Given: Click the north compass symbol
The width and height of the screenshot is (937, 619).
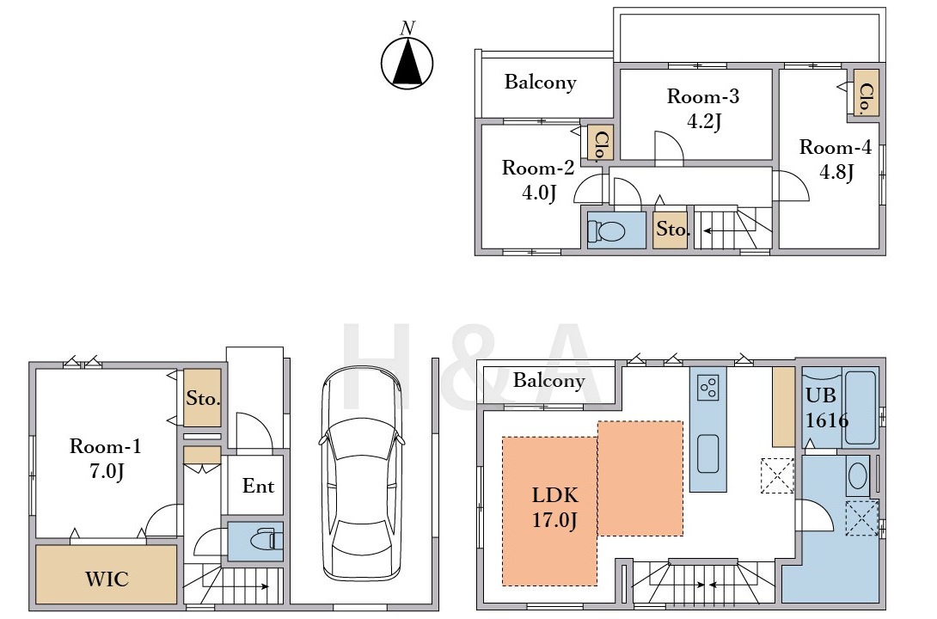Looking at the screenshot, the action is coord(407,58).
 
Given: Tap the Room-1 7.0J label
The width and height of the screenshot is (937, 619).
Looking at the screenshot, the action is coord(106,458).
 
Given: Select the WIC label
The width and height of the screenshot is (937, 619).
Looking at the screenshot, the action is coord(107,579).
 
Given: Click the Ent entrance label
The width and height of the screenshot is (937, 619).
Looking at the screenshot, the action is coord(258,486).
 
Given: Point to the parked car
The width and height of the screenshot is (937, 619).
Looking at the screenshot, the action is coord(361,472).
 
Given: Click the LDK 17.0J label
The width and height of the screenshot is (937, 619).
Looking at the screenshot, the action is coord(555,507).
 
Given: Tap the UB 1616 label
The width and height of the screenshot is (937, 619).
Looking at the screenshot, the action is coord(826,408).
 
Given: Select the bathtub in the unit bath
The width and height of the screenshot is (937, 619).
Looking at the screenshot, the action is coord(860,408).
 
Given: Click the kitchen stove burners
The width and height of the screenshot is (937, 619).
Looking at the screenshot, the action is coord(708,387).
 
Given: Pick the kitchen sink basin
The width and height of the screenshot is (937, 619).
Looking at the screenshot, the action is coord(708,454).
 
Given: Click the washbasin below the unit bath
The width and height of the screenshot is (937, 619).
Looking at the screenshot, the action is coord(858,476).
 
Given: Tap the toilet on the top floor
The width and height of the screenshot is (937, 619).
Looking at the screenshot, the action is coord(607,230).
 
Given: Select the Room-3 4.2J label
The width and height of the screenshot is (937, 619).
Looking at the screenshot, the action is coord(703,108).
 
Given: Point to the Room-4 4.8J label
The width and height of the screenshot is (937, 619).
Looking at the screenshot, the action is coord(836,160).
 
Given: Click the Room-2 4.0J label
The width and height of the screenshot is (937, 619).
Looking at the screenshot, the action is coord(538,180).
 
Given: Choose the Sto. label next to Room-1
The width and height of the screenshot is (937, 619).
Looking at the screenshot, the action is coord(203,398).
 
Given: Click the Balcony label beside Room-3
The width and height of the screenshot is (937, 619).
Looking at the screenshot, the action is coord(541,82).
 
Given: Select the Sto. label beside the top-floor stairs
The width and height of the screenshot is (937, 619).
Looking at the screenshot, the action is coord(672,229).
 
